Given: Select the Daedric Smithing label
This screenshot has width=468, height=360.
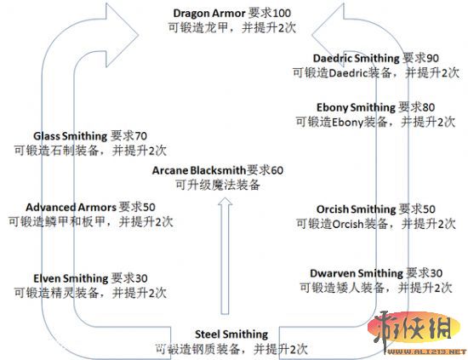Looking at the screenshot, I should click(x=355, y=58).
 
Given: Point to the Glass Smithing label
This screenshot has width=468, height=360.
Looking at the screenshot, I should click(x=71, y=135).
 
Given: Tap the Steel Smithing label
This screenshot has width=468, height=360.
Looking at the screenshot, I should click(x=231, y=334).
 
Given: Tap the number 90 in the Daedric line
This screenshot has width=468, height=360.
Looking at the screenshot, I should click(x=434, y=58).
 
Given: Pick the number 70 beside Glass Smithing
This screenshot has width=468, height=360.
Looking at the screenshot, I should click(x=140, y=135).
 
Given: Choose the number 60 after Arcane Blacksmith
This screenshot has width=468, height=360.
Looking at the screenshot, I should click(x=276, y=170).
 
